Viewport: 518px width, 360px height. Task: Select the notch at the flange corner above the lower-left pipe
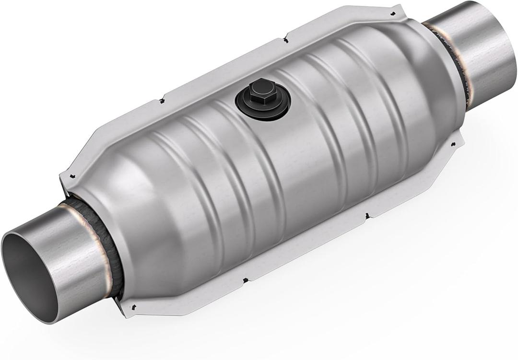[x=71, y=176]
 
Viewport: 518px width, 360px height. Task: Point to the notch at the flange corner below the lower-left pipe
[x=134, y=307]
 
